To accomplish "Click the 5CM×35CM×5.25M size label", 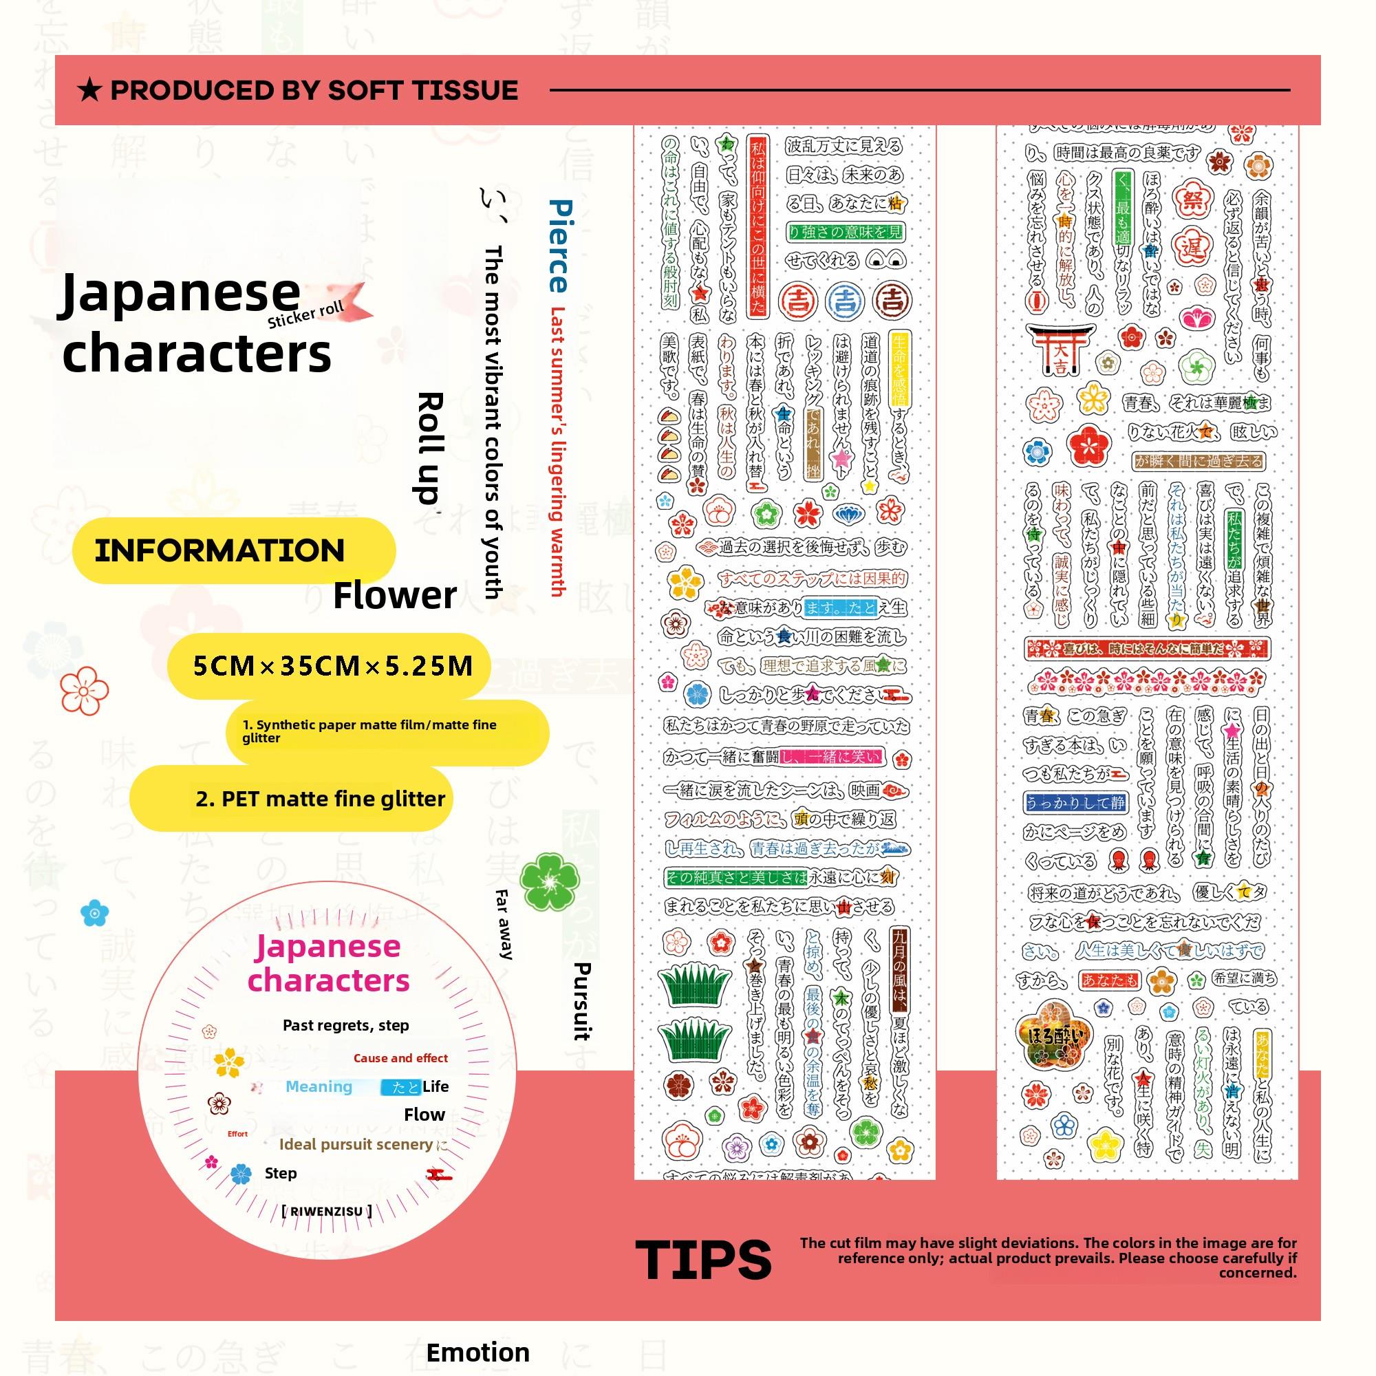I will [x=332, y=666].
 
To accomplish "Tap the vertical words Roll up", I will [x=429, y=448].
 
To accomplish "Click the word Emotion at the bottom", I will [x=478, y=1352].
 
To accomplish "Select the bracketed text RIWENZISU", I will [x=326, y=1210].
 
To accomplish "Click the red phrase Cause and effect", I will [x=400, y=1057].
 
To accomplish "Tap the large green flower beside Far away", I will [x=549, y=882].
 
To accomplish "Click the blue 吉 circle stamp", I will [x=845, y=301].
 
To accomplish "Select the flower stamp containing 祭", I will [x=1193, y=201].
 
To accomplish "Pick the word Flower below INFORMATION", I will [x=394, y=594].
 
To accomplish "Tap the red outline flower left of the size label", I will [x=84, y=690].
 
